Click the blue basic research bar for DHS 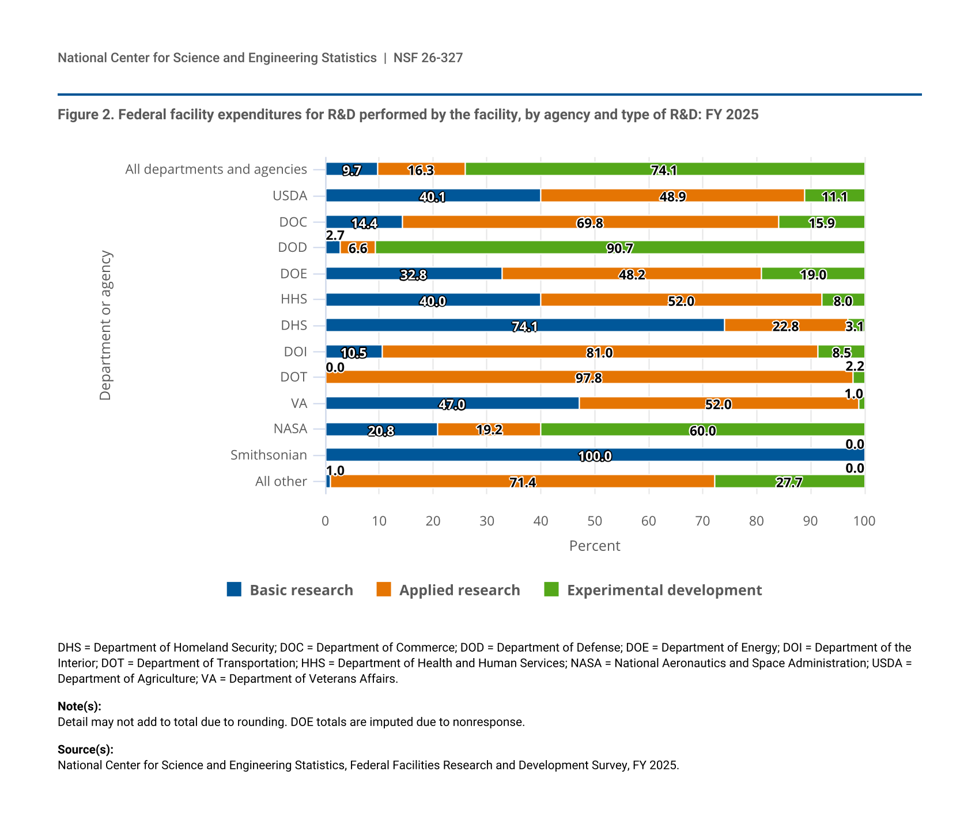pos(525,325)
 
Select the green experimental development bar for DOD pos(619,247)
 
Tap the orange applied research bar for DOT pos(589,377)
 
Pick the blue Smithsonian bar pos(595,455)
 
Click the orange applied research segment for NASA pos(489,429)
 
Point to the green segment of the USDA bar pos(834,195)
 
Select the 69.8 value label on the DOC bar pos(590,223)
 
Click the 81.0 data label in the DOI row pos(599,353)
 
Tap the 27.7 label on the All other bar pos(789,482)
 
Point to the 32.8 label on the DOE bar pos(413,275)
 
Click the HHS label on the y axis pos(294,299)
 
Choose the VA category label pos(299,403)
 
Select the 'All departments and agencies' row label pos(216,169)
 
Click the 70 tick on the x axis pos(702,521)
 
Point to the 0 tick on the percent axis pos(326,521)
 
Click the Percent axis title pos(595,546)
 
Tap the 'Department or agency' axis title pos(105,325)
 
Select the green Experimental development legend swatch pos(551,590)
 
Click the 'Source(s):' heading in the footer pos(85,750)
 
